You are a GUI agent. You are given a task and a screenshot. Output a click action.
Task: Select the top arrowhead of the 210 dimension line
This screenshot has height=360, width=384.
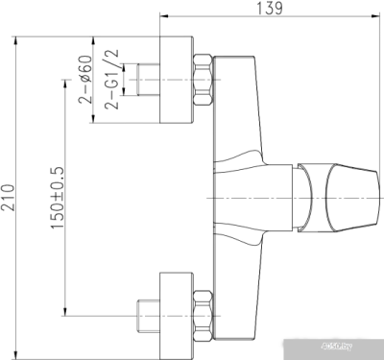(17, 41)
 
